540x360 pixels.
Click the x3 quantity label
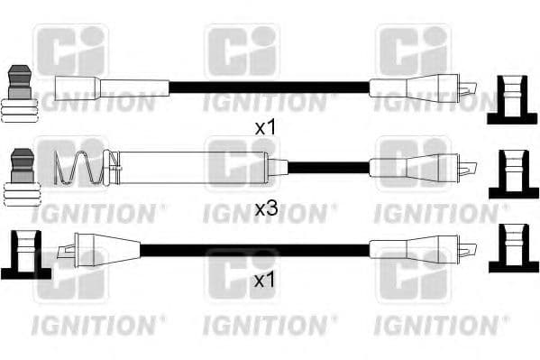(264, 209)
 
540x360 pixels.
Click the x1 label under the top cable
(264, 128)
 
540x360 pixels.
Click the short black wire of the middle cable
(328, 167)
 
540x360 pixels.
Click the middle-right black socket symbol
(512, 174)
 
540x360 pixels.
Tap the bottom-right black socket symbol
(512, 248)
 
